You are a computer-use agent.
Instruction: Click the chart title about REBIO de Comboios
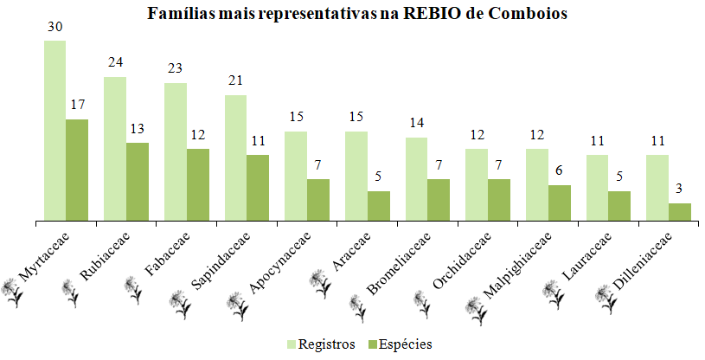pyautogui.click(x=356, y=14)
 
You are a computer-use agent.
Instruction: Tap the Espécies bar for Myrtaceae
pyautogui.click(x=77, y=170)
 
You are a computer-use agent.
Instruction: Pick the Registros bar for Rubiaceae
pyautogui.click(x=115, y=150)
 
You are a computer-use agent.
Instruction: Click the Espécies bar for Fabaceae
pyautogui.click(x=198, y=185)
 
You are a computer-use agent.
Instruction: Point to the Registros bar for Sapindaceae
pyautogui.click(x=235, y=158)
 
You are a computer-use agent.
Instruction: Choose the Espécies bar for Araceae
pyautogui.click(x=379, y=206)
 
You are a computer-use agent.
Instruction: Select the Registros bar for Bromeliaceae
pyautogui.click(x=416, y=179)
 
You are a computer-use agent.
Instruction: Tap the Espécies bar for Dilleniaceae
pyautogui.click(x=680, y=212)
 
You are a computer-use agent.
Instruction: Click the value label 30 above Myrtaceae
pyautogui.click(x=54, y=27)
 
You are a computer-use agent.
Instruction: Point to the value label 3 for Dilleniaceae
pyautogui.click(x=680, y=190)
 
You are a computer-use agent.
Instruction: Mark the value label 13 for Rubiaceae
pyautogui.click(x=138, y=129)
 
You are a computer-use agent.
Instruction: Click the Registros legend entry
pyautogui.click(x=320, y=344)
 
